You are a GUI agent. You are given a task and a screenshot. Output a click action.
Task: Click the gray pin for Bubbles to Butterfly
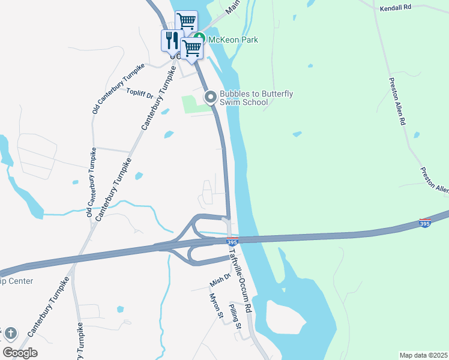click(x=210, y=97)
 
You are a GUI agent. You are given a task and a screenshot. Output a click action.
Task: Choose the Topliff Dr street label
click(x=141, y=92)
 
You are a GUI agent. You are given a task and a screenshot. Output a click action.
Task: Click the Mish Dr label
click(x=220, y=279)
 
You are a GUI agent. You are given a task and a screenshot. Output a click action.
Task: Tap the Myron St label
click(x=216, y=305)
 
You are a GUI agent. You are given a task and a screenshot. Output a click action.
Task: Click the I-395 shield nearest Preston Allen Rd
click(x=425, y=223)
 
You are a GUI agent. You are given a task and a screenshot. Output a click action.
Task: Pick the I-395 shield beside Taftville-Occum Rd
click(x=232, y=242)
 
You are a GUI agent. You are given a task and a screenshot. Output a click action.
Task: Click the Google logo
click(x=20, y=353)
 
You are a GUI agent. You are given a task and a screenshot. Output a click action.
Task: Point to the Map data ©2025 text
click(x=423, y=355)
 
